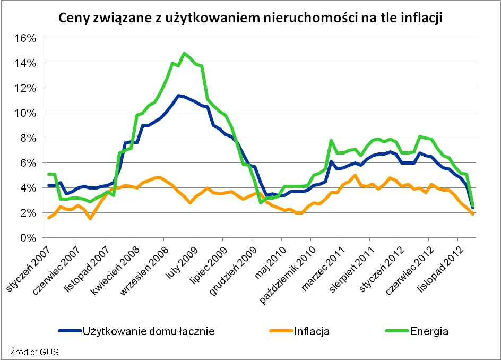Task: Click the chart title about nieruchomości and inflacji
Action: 250,18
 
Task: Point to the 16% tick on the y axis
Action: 25,38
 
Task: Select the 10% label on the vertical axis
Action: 25,113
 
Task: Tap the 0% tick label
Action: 28,238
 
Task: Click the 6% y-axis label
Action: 28,163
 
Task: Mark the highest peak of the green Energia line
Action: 184,53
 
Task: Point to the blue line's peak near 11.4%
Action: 178,96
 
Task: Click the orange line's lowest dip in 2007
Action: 90,218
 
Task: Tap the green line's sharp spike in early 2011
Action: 331,141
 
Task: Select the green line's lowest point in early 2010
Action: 261,202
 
